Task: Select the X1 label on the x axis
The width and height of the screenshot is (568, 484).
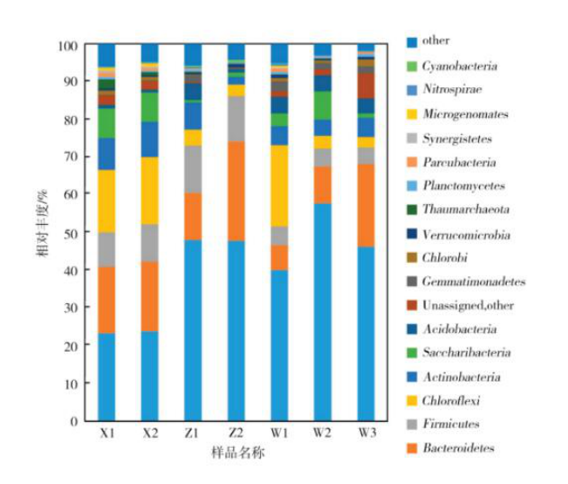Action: [107, 434]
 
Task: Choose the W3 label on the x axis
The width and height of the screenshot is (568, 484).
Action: [365, 434]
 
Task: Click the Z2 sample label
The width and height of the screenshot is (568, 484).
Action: [236, 434]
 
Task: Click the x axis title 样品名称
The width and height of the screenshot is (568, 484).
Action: [236, 453]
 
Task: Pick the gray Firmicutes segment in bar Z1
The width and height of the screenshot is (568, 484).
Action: [194, 169]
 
